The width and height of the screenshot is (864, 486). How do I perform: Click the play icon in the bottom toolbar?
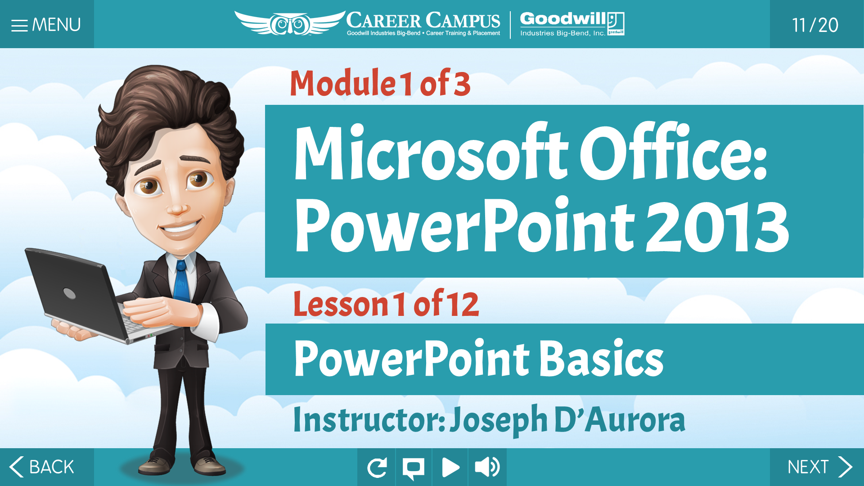(450, 468)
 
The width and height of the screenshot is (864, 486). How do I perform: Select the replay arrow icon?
(377, 468)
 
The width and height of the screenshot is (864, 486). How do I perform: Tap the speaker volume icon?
(487, 467)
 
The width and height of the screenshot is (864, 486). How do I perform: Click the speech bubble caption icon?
(414, 468)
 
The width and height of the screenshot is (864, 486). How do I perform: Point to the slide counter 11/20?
(815, 25)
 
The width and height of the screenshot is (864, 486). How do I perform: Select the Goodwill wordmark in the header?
(563, 19)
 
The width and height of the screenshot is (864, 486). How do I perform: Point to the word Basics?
(602, 358)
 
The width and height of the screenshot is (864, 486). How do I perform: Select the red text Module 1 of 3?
(380, 83)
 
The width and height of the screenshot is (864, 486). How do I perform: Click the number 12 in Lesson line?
(463, 304)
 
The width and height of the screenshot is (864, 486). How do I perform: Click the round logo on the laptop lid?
(69, 293)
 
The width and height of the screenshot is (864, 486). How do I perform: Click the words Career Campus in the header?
(423, 21)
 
